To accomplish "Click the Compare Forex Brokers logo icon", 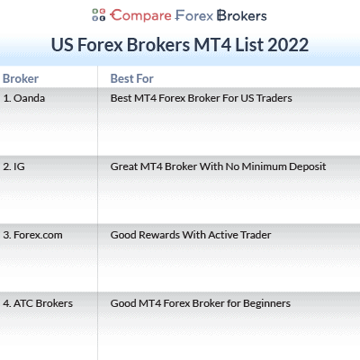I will point(99,15).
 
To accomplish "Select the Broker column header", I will point(21,78).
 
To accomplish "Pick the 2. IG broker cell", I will point(14,166).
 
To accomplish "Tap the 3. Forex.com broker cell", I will point(32,235).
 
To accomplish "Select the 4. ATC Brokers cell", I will point(38,303).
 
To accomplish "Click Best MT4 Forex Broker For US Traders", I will point(202,97).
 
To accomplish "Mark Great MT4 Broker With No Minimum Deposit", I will point(218,166).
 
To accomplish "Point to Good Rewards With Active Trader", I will point(191,235).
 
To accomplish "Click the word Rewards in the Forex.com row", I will point(165,235).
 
